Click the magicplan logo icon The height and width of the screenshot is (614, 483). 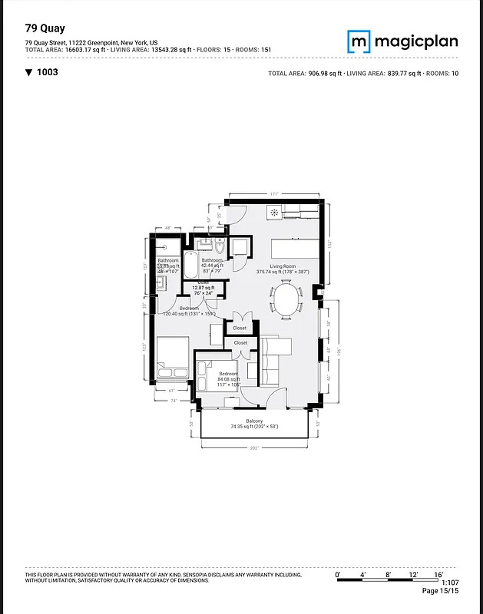[x=359, y=41]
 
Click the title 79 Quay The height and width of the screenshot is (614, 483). [x=45, y=28]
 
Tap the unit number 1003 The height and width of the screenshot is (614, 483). [x=47, y=72]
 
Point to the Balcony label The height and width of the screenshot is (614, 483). [x=254, y=421]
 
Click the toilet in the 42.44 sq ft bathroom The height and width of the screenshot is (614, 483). [x=220, y=246]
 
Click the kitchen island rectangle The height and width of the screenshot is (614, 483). [x=295, y=249]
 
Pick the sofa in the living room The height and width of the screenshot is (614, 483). [x=271, y=361]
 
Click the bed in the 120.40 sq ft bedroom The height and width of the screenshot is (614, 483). [x=172, y=359]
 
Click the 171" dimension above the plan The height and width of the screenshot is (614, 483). [x=273, y=195]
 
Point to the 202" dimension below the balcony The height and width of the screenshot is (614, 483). [x=254, y=447]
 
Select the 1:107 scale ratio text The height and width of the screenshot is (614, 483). [x=449, y=583]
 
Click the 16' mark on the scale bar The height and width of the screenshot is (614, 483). [x=438, y=574]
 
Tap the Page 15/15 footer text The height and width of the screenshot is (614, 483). [x=439, y=591]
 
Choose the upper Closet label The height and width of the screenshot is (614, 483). [x=240, y=328]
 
